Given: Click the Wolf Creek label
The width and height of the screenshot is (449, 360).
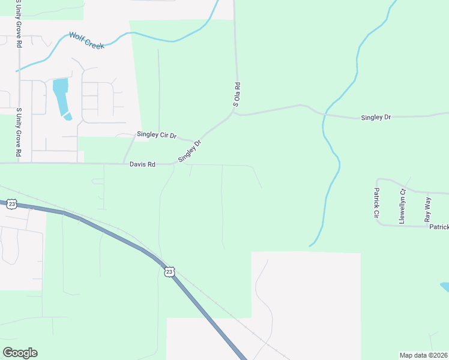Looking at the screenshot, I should [x=86, y=40].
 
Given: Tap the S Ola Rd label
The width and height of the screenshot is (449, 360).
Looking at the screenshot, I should [x=237, y=95].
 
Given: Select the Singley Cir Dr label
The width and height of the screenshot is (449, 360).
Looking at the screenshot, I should [x=156, y=136].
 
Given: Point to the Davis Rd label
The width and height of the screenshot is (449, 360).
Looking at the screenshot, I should [x=142, y=164].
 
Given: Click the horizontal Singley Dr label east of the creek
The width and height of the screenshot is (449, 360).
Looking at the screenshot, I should [x=376, y=117].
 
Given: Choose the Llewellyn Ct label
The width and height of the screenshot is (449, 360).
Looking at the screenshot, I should [x=402, y=206].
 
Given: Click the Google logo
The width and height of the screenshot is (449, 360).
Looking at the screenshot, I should [x=20, y=352].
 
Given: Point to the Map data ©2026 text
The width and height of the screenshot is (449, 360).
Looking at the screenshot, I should [x=424, y=355].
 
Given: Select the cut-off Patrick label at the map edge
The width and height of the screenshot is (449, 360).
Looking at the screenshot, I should [x=439, y=227].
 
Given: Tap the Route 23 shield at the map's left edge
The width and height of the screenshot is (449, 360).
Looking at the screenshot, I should [x=12, y=204].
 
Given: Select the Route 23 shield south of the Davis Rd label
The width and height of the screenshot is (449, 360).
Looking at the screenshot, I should [x=169, y=272].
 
